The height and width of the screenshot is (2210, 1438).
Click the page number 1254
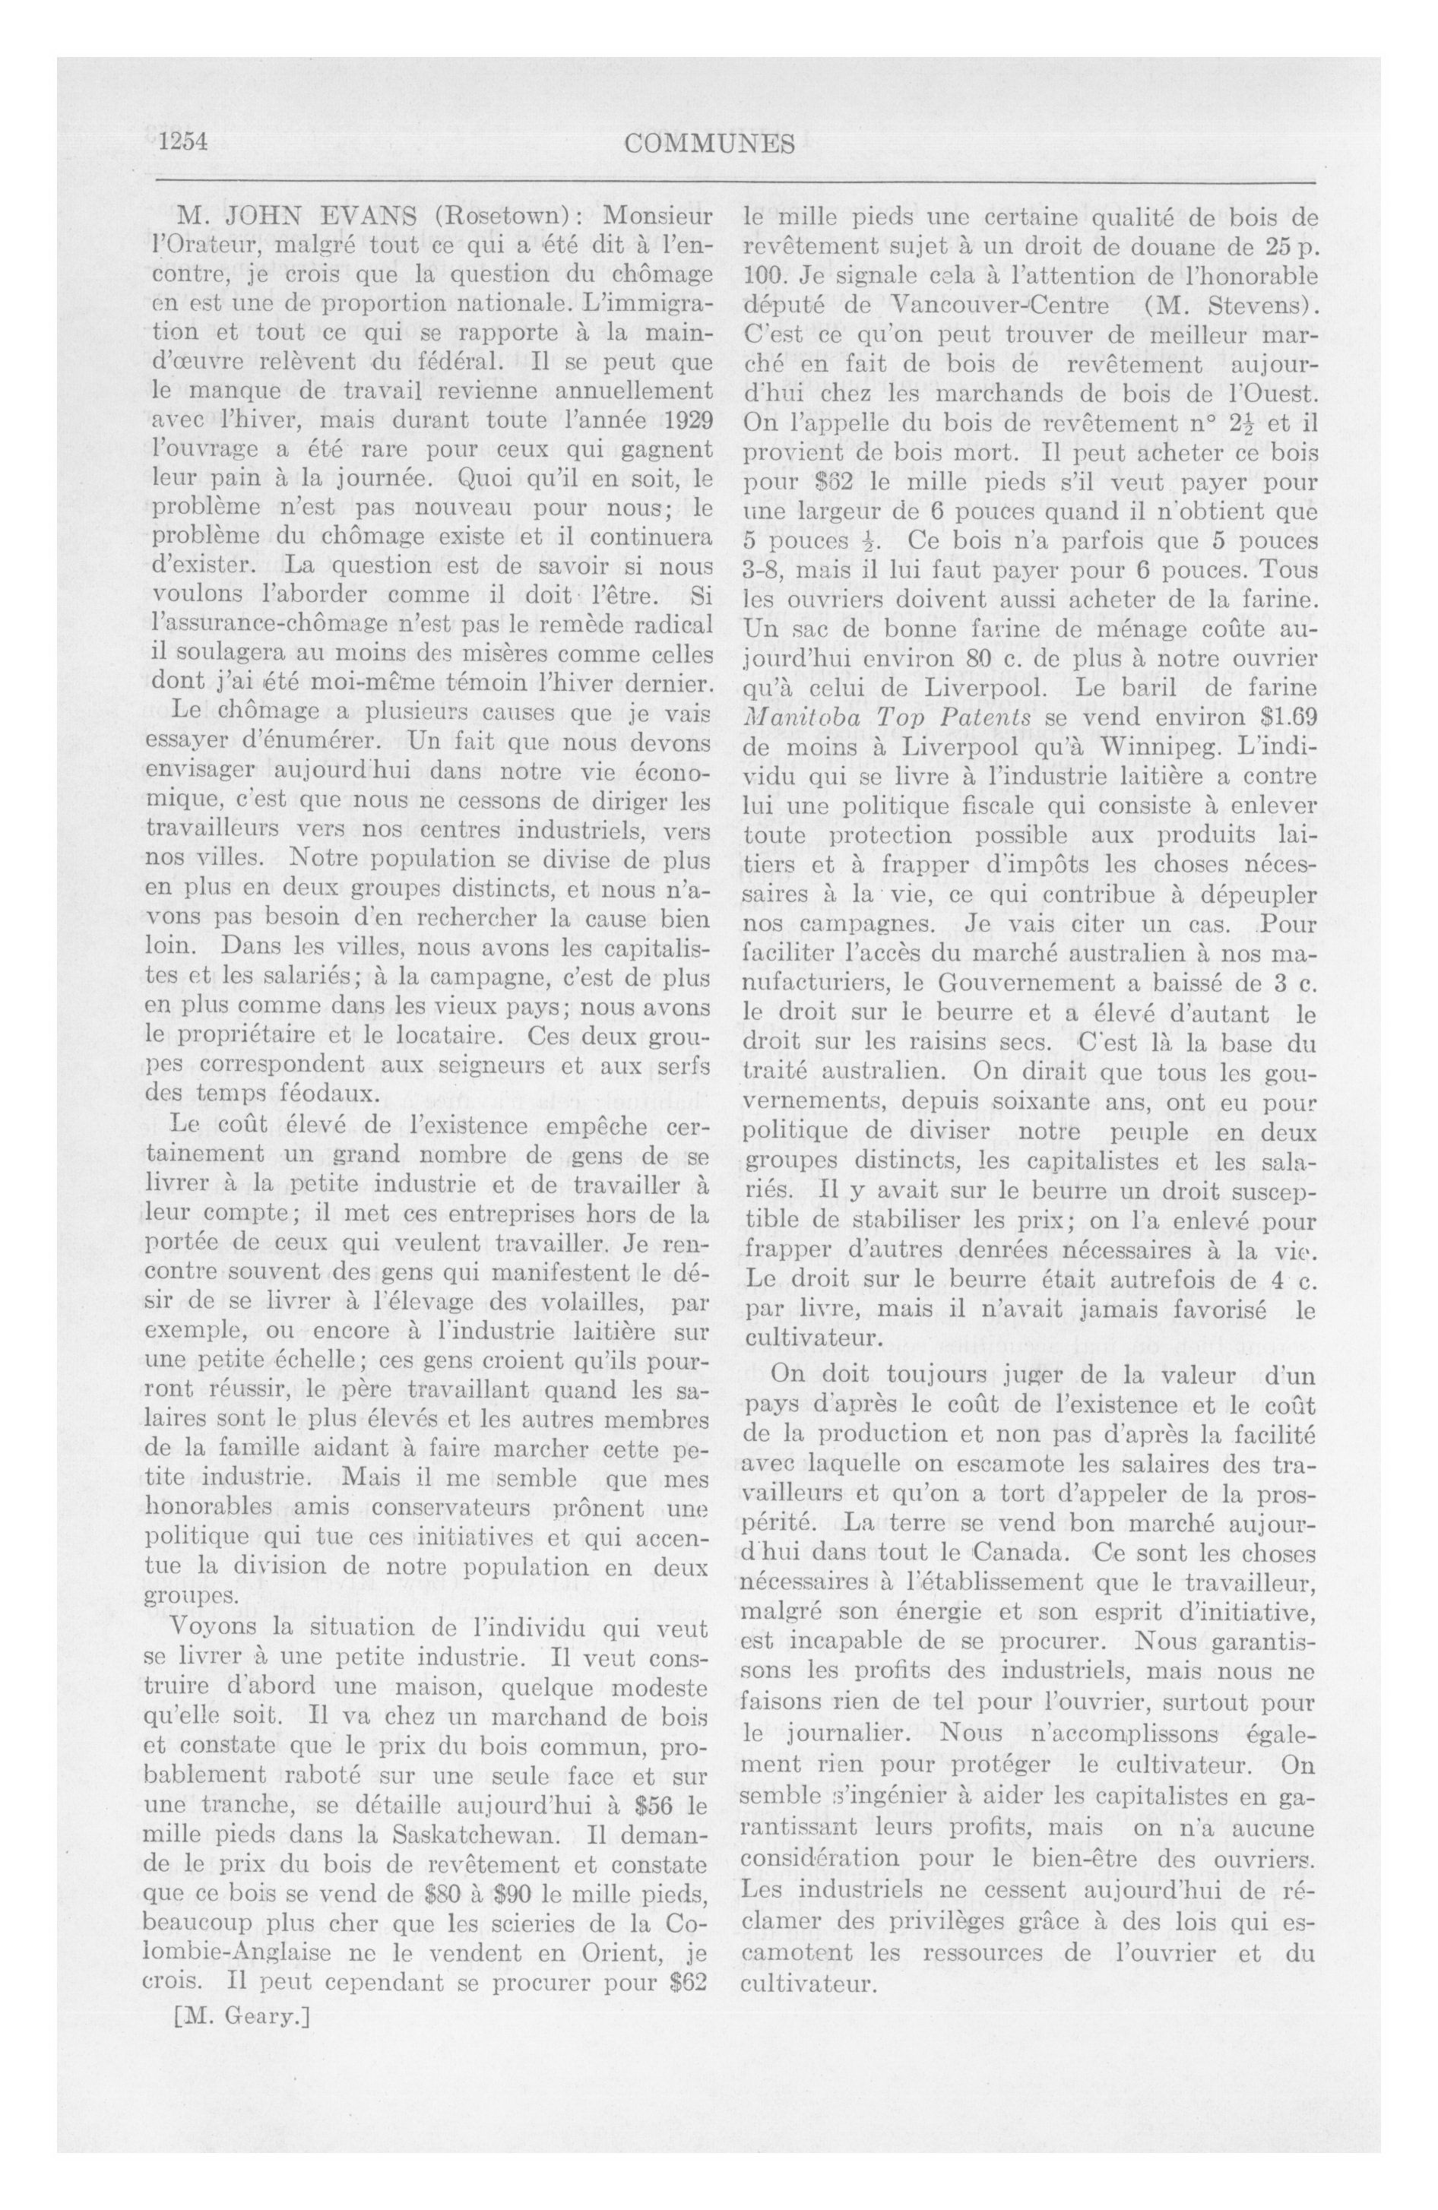(x=182, y=142)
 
